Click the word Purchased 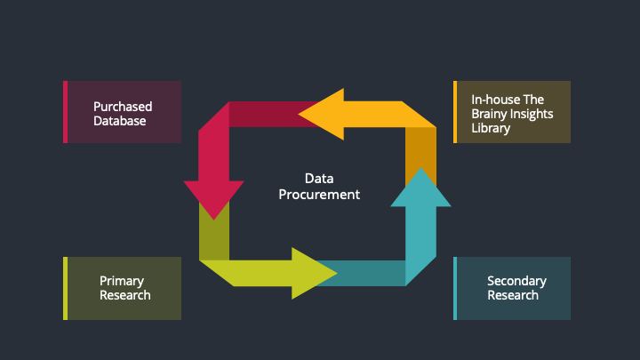click(123, 107)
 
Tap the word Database click(120, 120)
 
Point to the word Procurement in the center click(319, 194)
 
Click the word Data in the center click(319, 179)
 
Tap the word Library click(492, 128)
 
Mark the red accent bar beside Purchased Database click(65, 112)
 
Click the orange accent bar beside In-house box click(455, 112)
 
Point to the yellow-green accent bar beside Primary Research click(65, 288)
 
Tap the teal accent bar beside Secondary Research click(455, 288)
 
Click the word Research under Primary click(125, 295)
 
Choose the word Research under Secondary click(513, 295)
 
